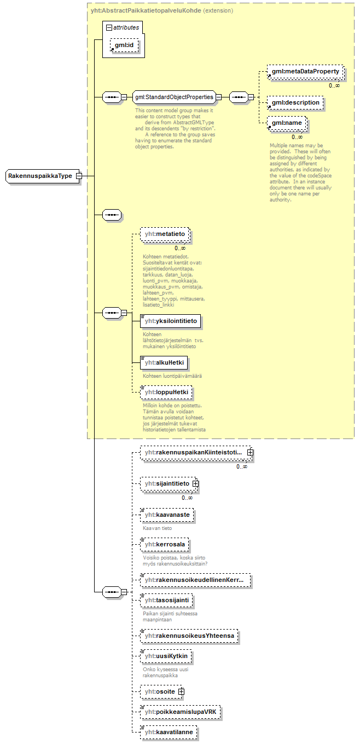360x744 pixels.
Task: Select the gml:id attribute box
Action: [125, 45]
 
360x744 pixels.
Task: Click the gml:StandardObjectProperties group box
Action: [174, 97]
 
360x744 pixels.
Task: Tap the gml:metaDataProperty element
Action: [305, 72]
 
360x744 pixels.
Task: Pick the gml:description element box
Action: [295, 102]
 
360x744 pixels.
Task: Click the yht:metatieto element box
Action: [166, 235]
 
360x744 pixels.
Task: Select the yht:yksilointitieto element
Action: [171, 320]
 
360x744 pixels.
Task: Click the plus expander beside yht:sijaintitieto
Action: [195, 484]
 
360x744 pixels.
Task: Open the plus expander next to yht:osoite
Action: [181, 692]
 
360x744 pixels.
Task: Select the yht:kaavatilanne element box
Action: [169, 731]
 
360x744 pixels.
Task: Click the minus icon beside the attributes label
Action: [109, 27]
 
